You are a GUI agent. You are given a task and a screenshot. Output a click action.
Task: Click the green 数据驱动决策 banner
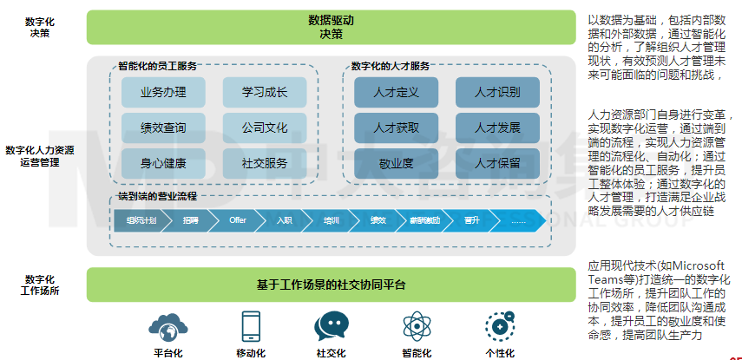(332, 27)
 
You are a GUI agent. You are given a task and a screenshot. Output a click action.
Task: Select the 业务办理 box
(163, 92)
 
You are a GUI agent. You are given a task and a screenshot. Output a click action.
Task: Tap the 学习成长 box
(265, 92)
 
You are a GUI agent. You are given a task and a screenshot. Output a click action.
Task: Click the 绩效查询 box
(163, 128)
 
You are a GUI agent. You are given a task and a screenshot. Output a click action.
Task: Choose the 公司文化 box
(265, 128)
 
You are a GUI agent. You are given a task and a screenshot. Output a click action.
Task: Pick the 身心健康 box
(163, 162)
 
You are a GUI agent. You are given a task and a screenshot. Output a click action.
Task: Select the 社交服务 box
(265, 162)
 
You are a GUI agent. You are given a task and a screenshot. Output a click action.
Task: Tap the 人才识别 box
(497, 92)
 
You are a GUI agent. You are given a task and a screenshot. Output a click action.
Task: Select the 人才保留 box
(497, 162)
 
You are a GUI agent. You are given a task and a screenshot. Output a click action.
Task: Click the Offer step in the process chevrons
(238, 220)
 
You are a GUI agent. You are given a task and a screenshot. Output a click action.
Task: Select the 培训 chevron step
(332, 220)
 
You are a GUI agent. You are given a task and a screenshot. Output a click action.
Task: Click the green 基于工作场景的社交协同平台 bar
(332, 285)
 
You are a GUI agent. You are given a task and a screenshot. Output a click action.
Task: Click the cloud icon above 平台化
(167, 327)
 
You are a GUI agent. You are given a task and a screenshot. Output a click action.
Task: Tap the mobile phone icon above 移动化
(251, 327)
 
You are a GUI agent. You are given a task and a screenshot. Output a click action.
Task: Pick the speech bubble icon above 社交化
(332, 327)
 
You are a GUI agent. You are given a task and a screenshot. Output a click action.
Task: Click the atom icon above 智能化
(417, 327)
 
